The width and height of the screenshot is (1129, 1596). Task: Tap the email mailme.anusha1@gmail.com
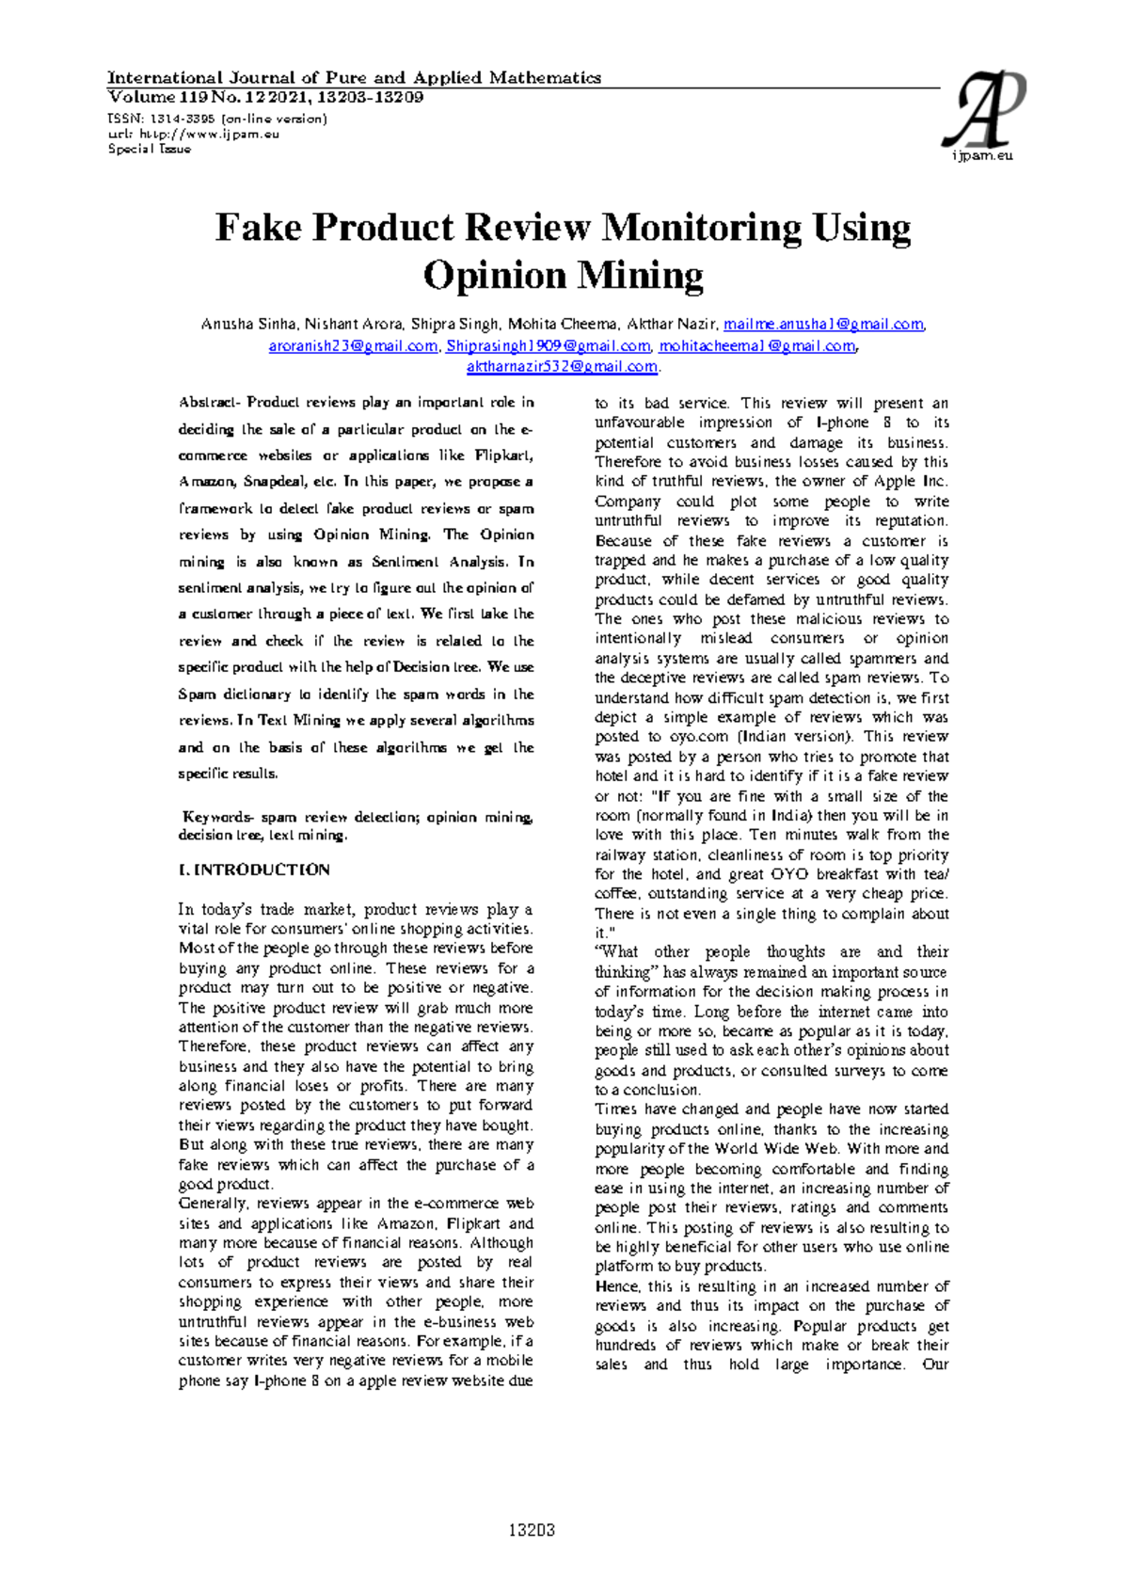[x=823, y=325]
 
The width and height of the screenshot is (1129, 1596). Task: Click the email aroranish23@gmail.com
[x=353, y=345]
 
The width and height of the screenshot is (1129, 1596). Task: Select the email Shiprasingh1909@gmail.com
[x=548, y=345]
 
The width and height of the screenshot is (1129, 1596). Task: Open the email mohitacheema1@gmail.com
[x=757, y=345]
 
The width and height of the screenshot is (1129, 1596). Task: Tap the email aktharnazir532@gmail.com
[x=562, y=366]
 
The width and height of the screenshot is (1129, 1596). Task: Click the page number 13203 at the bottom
[x=533, y=1531]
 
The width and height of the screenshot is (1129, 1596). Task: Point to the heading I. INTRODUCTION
[x=255, y=870]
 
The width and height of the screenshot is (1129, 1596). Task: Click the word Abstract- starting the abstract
[x=210, y=402]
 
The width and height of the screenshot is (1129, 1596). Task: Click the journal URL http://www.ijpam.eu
[x=203, y=134]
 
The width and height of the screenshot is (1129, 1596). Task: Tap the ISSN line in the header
[x=217, y=119]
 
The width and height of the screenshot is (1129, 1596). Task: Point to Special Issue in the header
[x=150, y=149]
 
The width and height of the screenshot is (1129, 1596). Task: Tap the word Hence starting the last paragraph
[x=617, y=1286]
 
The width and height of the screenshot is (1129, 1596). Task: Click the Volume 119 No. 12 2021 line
[x=265, y=97]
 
